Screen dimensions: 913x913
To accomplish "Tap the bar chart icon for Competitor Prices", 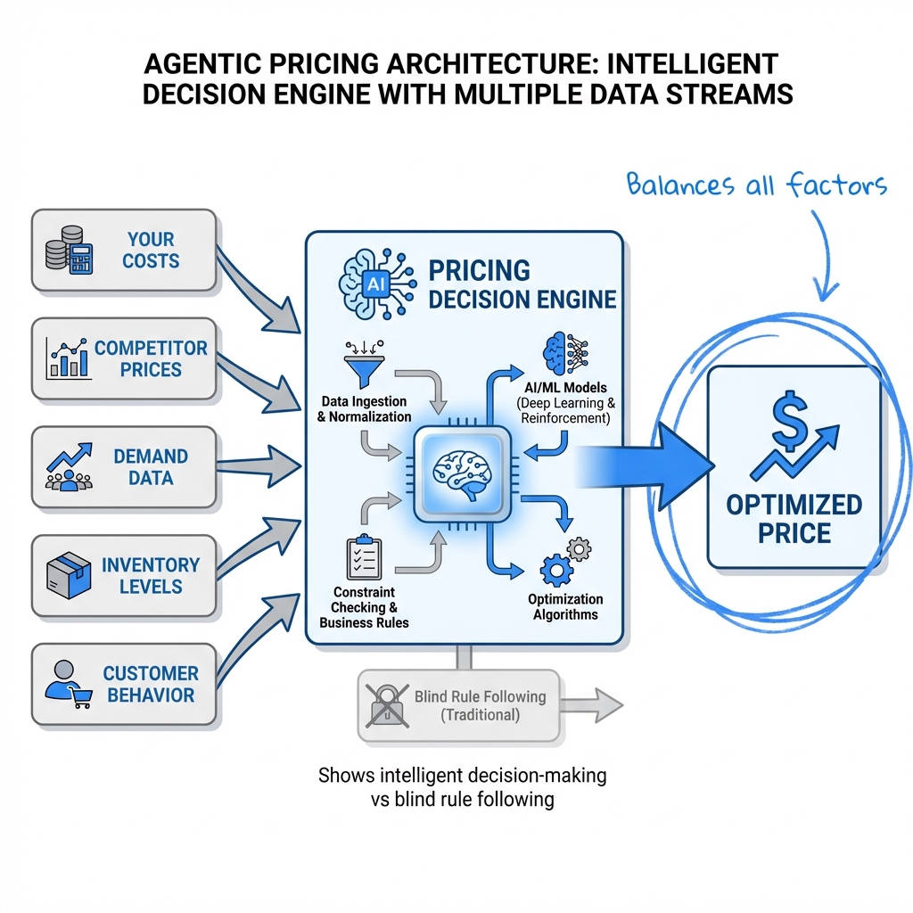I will coord(68,358).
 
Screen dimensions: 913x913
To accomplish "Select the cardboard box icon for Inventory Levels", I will coord(69,575).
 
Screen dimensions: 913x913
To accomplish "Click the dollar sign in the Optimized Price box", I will coord(789,420).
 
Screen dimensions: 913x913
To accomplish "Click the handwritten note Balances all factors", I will coord(756,186).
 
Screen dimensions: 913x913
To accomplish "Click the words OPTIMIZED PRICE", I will coord(793,519).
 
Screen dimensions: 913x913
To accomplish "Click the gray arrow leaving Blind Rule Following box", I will coord(591,705).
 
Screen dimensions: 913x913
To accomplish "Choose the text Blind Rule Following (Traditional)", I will coord(480,705).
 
